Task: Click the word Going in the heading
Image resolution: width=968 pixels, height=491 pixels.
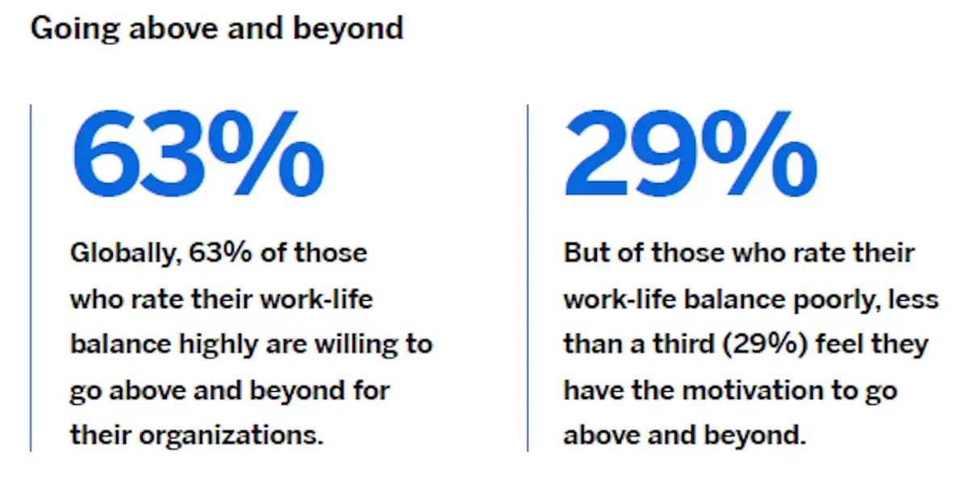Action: point(75,29)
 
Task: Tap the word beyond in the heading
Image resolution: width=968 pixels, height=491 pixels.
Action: point(348,29)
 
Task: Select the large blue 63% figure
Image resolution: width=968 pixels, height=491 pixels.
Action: point(198,153)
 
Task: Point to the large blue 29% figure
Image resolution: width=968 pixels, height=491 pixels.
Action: point(691,153)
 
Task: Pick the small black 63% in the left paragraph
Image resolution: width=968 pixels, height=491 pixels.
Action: point(220,252)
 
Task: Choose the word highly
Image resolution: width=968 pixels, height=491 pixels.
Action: point(219,345)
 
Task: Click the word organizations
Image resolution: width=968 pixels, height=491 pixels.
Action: point(232,435)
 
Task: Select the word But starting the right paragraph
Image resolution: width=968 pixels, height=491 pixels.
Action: point(587,252)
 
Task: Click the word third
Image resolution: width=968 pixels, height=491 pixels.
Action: point(683,344)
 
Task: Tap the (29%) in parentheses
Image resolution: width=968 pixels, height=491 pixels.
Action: point(765,344)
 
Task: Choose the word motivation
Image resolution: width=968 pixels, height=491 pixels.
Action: point(753,390)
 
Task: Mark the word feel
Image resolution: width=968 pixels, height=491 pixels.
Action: point(840,344)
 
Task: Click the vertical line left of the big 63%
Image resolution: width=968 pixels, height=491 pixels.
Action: point(31,277)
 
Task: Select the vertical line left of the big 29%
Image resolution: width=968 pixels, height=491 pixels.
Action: point(528,277)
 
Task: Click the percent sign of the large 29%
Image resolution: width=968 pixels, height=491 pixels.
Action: point(759,153)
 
